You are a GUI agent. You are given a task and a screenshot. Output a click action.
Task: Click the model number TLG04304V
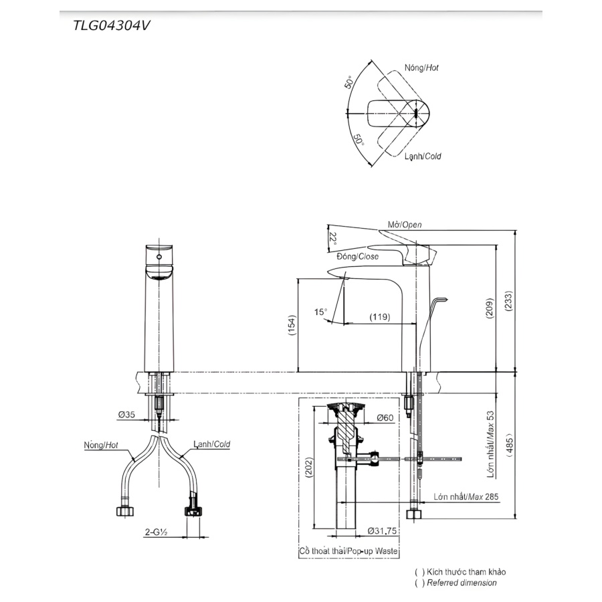point(111,25)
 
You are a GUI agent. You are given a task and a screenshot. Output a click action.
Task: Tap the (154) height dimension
point(292,325)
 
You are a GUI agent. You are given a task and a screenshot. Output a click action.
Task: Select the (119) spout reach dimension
point(380,317)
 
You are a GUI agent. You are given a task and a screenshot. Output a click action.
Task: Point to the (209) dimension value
point(490,308)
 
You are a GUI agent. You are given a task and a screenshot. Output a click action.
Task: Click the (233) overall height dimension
point(508,300)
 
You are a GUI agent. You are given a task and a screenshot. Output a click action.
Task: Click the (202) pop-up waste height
point(308,468)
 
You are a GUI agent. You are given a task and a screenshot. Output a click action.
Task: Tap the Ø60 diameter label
point(385,417)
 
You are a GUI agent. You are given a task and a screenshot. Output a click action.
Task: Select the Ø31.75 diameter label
point(382,531)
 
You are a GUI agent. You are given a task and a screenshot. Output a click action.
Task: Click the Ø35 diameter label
point(126,414)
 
